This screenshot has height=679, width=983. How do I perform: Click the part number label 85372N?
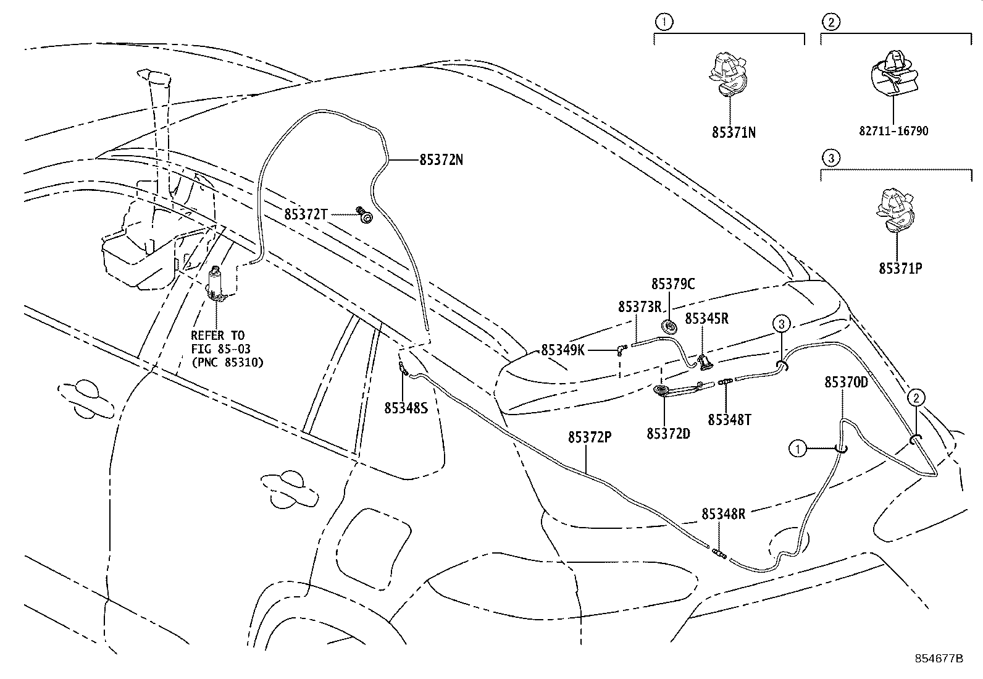click(x=441, y=160)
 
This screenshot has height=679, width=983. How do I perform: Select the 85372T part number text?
click(x=305, y=214)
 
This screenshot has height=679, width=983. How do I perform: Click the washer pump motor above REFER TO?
click(x=217, y=284)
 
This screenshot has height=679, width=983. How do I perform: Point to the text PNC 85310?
click(x=227, y=363)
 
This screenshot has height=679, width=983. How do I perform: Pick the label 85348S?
click(x=406, y=408)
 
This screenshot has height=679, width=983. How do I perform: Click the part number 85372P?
click(x=590, y=437)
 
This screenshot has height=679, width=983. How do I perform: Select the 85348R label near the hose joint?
click(x=723, y=514)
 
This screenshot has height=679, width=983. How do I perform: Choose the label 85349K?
click(x=563, y=350)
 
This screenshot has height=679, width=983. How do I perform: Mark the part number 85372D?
click(x=668, y=434)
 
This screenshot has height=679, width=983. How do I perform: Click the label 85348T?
click(x=729, y=420)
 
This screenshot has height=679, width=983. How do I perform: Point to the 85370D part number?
click(x=845, y=382)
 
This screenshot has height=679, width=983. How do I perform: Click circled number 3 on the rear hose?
click(x=781, y=323)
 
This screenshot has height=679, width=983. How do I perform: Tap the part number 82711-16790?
click(x=893, y=131)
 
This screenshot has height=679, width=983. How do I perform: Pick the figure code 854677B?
click(x=939, y=658)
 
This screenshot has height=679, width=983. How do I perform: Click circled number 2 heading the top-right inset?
click(x=830, y=23)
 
